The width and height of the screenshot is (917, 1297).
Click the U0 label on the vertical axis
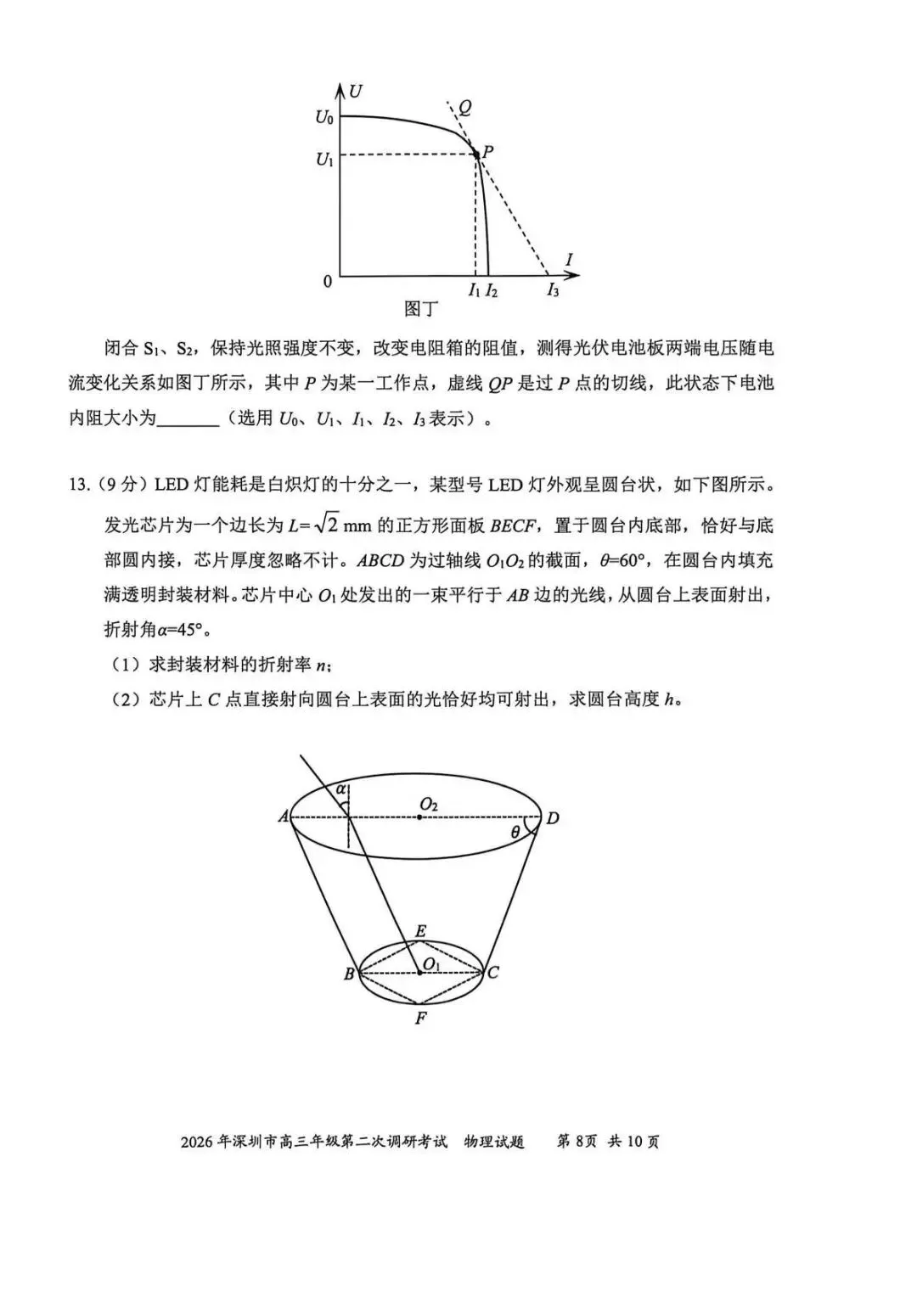pyautogui.click(x=324, y=117)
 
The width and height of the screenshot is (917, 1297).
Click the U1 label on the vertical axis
pyautogui.click(x=324, y=158)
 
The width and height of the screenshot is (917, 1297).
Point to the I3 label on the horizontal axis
pyautogui.click(x=553, y=290)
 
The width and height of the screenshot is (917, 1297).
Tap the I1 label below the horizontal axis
pyautogui.click(x=474, y=290)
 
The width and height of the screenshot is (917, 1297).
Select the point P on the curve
pyautogui.click(x=475, y=154)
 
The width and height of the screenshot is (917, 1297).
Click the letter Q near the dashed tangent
pyautogui.click(x=464, y=108)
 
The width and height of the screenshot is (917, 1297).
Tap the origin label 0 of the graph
pyautogui.click(x=328, y=281)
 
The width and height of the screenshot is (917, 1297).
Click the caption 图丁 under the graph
pyautogui.click(x=419, y=309)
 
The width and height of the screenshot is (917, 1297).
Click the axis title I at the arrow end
pyautogui.click(x=569, y=260)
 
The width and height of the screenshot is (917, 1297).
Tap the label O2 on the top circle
pyautogui.click(x=429, y=803)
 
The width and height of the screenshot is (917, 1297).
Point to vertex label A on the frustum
pyautogui.click(x=283, y=817)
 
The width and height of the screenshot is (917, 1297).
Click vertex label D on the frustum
pyautogui.click(x=553, y=818)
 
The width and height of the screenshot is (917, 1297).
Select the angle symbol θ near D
pyautogui.click(x=515, y=833)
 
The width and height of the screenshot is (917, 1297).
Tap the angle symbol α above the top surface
pyautogui.click(x=341, y=789)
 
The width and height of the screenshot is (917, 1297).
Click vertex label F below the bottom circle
pyautogui.click(x=420, y=1018)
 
